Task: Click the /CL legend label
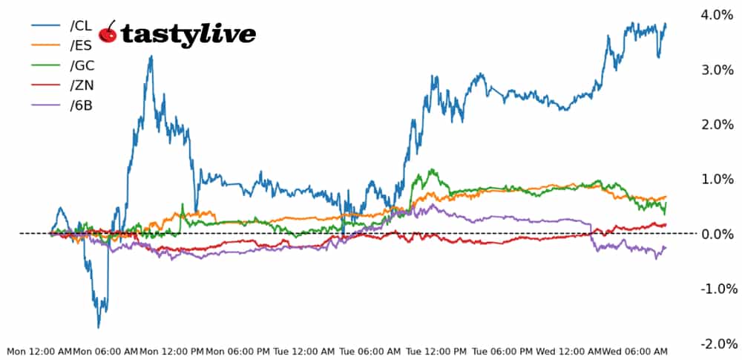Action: (82, 25)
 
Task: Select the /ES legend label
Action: (82, 45)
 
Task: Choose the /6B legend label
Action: (82, 105)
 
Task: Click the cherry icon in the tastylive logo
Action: (108, 32)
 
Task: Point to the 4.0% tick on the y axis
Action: (717, 14)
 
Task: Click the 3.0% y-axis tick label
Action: (717, 69)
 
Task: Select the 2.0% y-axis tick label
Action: (717, 124)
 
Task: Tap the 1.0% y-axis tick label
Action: (717, 179)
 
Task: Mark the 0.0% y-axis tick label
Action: (717, 234)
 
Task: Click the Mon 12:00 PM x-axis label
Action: (171, 350)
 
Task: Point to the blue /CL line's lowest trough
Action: (99, 327)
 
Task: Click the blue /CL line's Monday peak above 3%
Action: (151, 56)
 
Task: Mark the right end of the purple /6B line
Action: (666, 247)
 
